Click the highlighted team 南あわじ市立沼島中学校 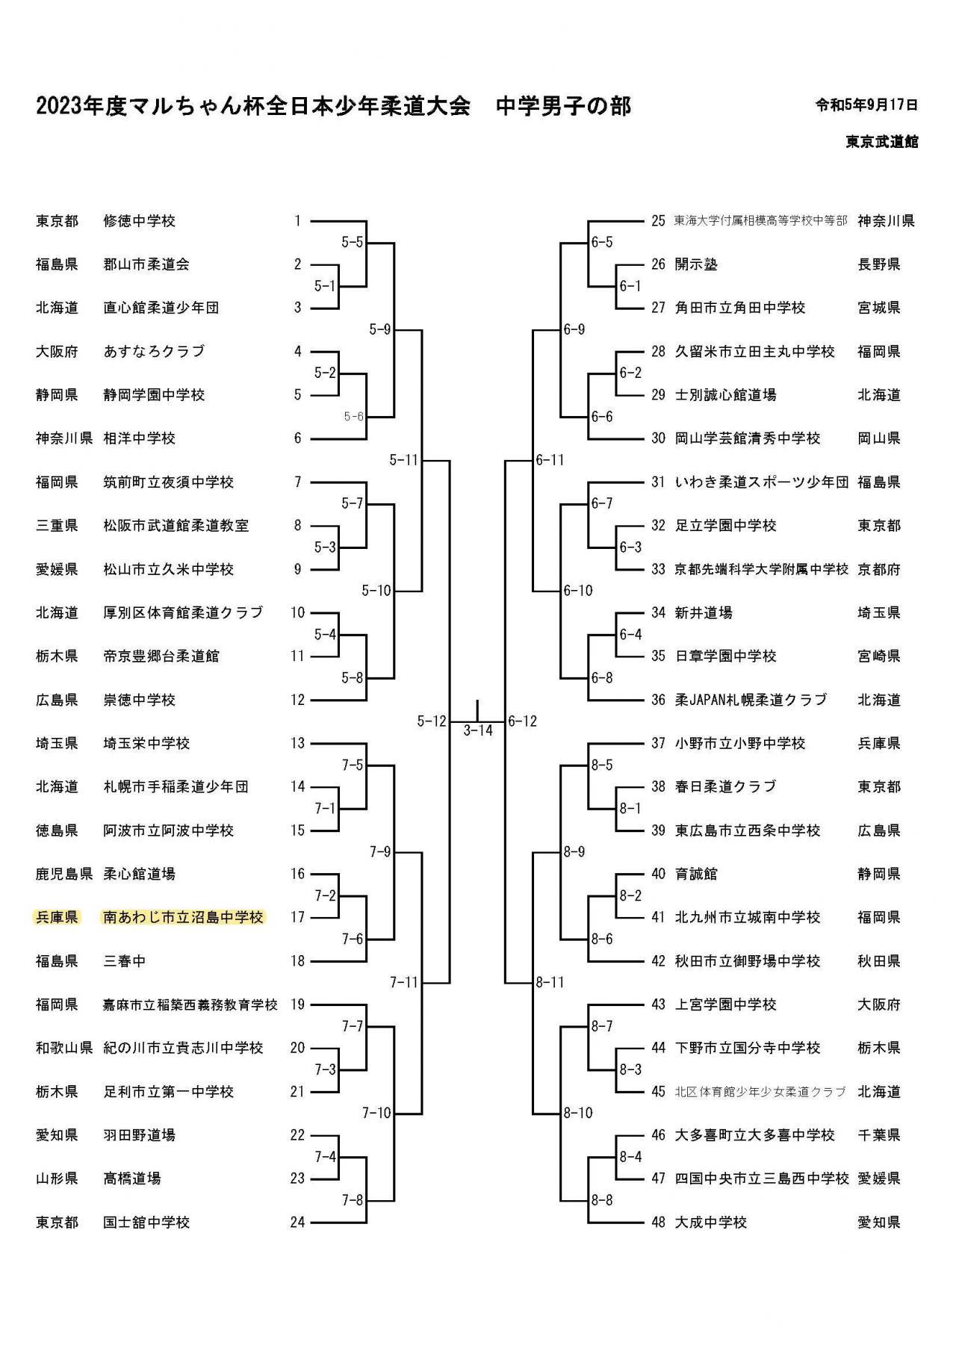coord(183,917)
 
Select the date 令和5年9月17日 coord(866,105)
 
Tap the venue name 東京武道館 coord(881,142)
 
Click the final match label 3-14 coord(478,730)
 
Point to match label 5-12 coord(431,721)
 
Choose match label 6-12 coord(522,721)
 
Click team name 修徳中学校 coord(139,221)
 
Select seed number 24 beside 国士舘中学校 coord(297,1223)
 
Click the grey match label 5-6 coord(353,417)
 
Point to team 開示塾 coord(696,264)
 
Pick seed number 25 coord(658,221)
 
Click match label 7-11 coord(403,982)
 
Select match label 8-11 coord(550,982)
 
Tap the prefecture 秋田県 coord(879,961)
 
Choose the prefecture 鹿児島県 coord(63,874)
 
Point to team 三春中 coord(124,961)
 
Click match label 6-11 coord(550,460)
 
